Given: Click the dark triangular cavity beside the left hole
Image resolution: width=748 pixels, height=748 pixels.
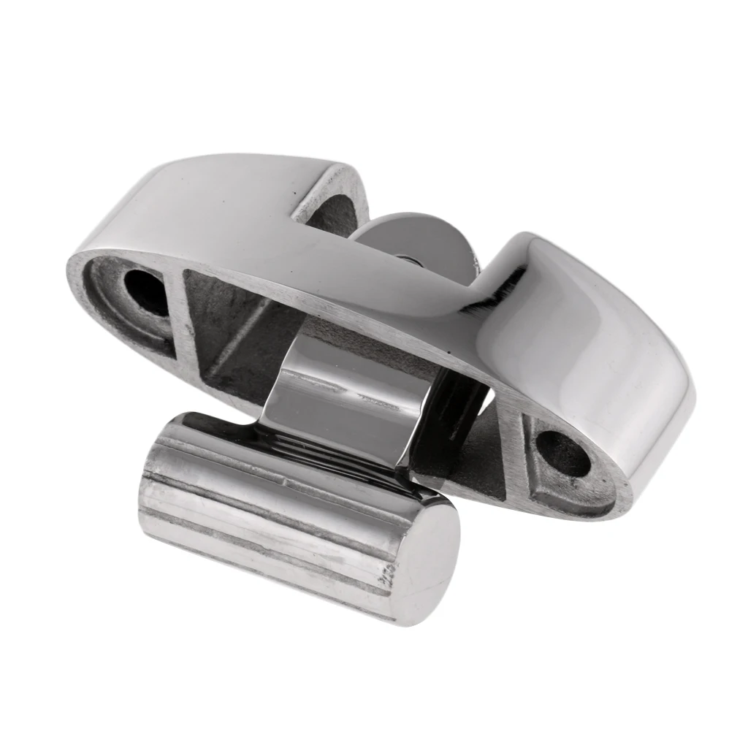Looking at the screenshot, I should [x=234, y=336].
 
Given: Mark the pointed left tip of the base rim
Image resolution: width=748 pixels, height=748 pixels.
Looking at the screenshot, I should [x=73, y=263].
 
